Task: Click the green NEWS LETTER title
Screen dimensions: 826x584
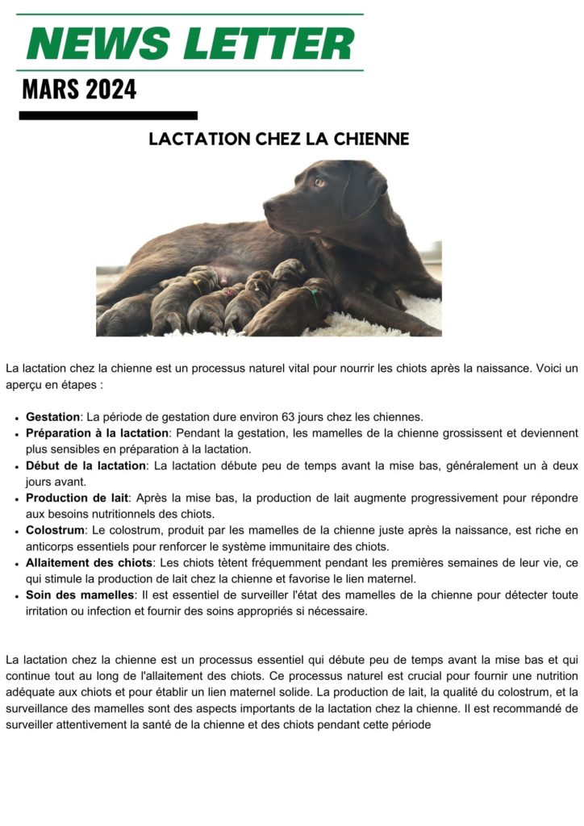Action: click(190, 42)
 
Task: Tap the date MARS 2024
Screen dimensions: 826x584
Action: click(79, 89)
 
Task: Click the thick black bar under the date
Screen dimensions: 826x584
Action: click(108, 115)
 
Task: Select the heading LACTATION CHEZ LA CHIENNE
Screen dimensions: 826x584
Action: click(279, 140)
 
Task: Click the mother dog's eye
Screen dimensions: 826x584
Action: click(319, 182)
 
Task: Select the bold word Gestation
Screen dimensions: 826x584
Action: click(52, 417)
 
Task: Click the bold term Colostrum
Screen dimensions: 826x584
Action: click(55, 530)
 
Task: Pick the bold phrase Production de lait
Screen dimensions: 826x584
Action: click(77, 498)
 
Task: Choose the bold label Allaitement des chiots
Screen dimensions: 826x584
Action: click(89, 562)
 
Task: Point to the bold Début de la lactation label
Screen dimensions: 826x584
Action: click(86, 465)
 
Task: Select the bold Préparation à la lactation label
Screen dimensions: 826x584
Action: click(97, 433)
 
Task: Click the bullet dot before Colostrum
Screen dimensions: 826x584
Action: click(17, 531)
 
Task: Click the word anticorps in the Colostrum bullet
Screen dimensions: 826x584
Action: click(52, 546)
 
